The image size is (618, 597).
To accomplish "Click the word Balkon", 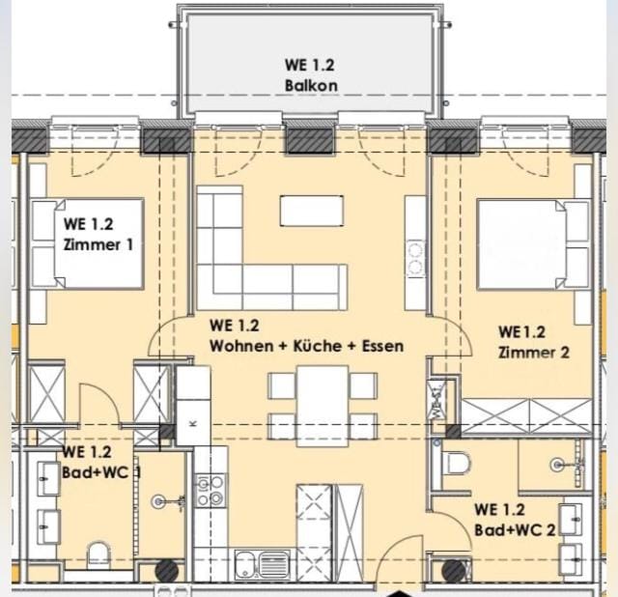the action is [x=311, y=86].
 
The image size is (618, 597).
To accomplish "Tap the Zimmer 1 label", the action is [x=98, y=244].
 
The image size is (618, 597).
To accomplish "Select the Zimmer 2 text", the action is [x=534, y=353].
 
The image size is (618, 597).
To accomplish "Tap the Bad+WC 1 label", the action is [x=101, y=472].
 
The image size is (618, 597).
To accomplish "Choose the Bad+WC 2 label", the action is [x=515, y=530].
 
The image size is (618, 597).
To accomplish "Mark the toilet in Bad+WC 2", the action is [x=457, y=463].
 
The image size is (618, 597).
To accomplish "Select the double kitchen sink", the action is [x=262, y=565].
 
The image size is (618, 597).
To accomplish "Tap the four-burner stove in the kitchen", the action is [x=211, y=491].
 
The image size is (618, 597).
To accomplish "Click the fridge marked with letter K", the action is [x=193, y=422].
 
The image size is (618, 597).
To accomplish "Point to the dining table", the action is [x=323, y=406].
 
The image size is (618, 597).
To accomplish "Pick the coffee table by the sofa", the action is [x=311, y=211].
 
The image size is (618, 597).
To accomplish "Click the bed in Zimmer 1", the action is [x=88, y=243].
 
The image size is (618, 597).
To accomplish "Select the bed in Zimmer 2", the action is [x=533, y=244].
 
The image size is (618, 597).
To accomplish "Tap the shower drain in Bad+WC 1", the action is [x=158, y=501].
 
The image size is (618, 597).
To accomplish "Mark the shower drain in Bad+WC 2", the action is [x=556, y=465].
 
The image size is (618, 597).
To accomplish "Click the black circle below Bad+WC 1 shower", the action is [x=167, y=571].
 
